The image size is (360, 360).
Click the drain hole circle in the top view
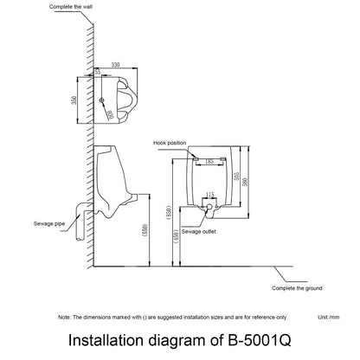pyautogui.click(x=103, y=102)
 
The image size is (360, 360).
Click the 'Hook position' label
pyautogui.click(x=170, y=143)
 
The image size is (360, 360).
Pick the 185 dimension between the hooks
pyautogui.click(x=210, y=161)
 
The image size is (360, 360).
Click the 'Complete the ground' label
pyautogui.click(x=296, y=288)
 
